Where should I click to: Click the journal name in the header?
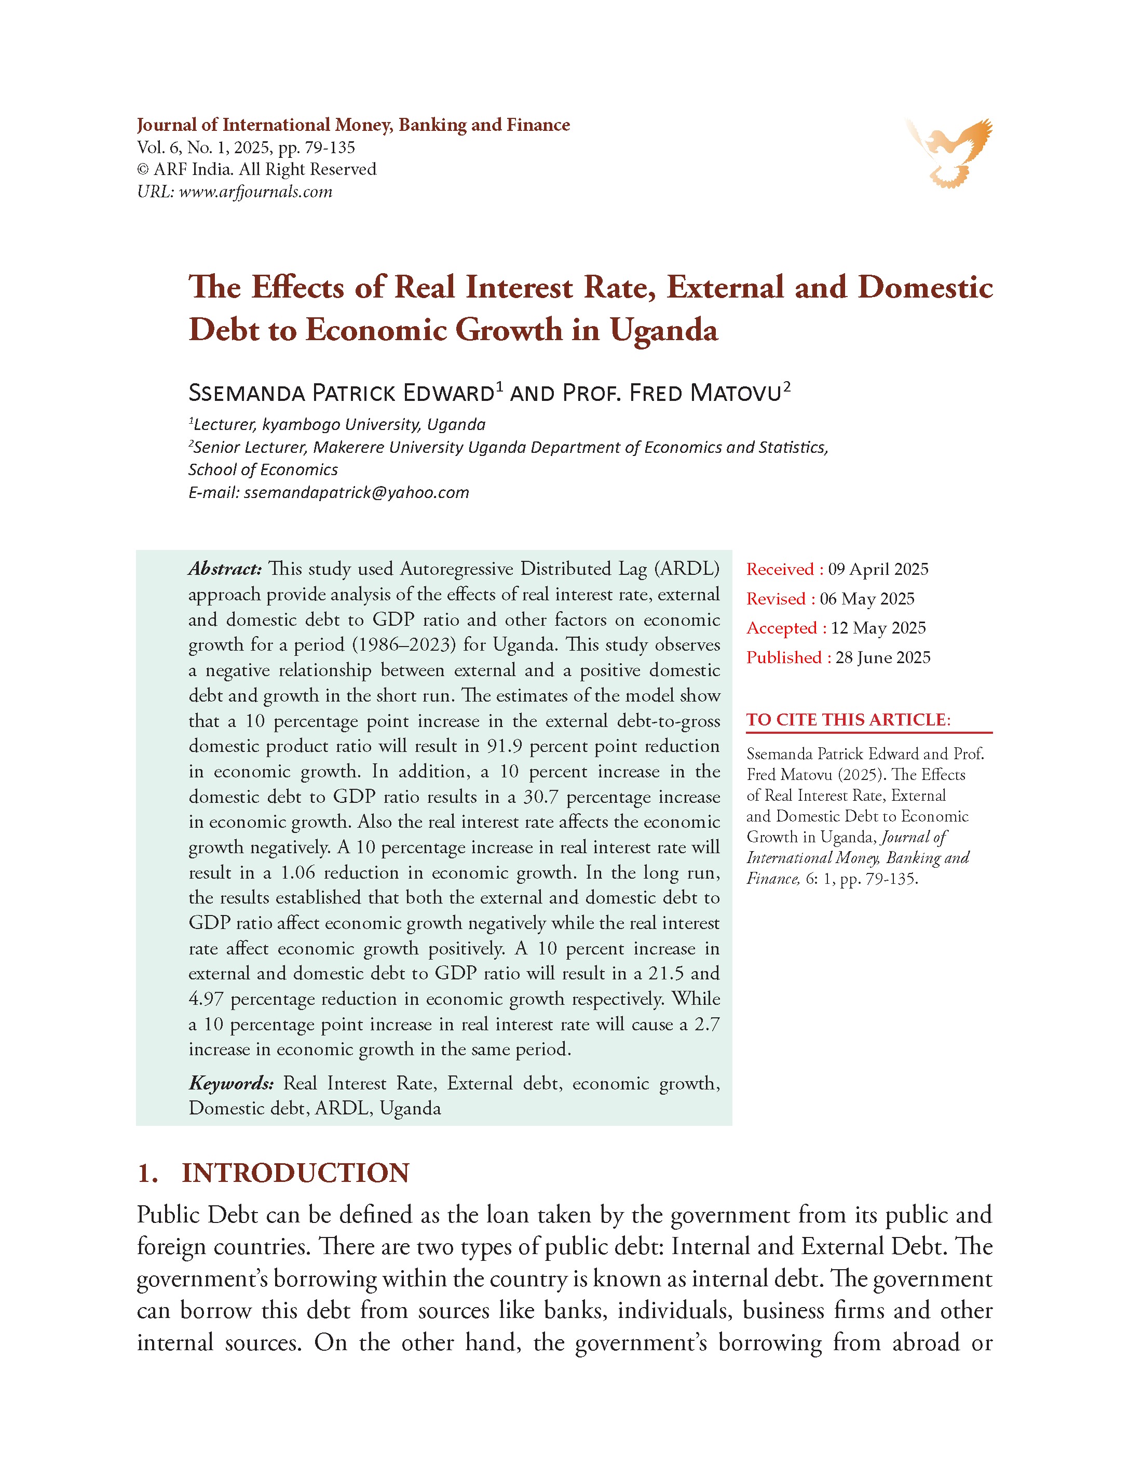coord(353,125)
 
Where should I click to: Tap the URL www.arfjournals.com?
coord(255,192)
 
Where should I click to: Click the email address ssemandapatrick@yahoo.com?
coord(356,493)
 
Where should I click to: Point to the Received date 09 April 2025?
coord(878,569)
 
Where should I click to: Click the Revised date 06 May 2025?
coord(867,599)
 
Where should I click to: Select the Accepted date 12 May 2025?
coord(878,628)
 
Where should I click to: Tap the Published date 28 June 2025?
coord(882,657)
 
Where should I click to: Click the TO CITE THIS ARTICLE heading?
coord(848,720)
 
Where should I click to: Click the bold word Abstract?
coord(224,569)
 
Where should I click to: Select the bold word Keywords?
coord(231,1083)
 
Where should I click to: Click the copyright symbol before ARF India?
coord(142,170)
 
